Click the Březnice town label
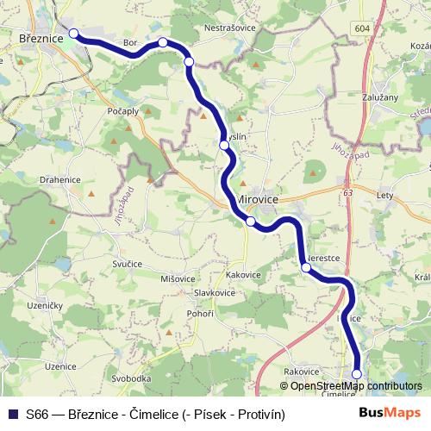pos(41,39)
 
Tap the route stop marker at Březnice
pos(73,34)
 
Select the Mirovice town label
pos(257,197)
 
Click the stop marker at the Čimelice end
pos(357,373)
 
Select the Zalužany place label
pos(381,97)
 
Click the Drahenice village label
pos(59,179)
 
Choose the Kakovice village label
pos(243,275)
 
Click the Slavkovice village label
pos(215,293)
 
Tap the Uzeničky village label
pos(44,306)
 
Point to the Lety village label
pos(385,196)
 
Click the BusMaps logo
pos(390,413)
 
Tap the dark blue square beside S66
pos(12,414)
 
